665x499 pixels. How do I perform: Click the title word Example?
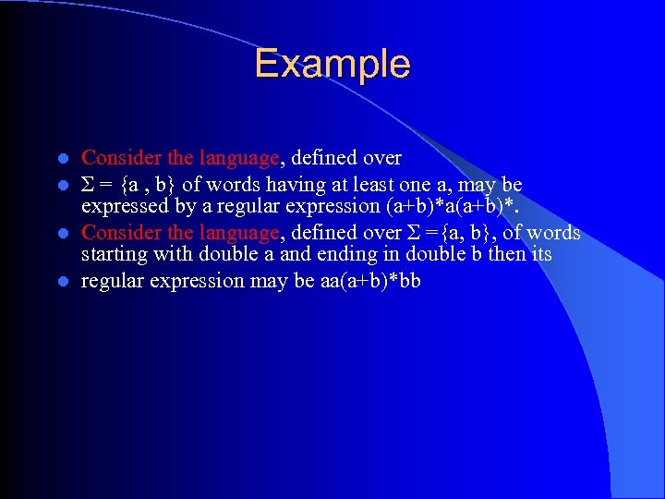pyautogui.click(x=332, y=64)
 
